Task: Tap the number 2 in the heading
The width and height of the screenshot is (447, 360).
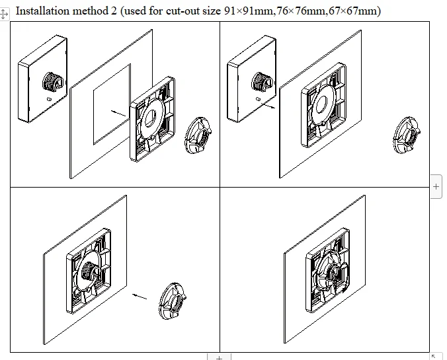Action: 114,11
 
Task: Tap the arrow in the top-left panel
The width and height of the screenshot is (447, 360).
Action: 118,114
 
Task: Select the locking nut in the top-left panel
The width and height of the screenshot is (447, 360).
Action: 198,135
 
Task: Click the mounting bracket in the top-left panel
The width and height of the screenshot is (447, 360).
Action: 152,119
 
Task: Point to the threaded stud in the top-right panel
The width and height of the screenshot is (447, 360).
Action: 262,81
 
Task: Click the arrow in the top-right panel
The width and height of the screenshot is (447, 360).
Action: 268,106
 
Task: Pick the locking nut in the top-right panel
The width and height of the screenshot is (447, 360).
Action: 407,135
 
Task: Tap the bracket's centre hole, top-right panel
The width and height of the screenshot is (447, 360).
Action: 323,104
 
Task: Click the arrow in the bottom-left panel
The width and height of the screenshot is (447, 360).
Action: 140,297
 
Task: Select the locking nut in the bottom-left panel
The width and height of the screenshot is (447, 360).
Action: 173,301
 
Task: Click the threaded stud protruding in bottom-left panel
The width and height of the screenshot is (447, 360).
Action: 89,271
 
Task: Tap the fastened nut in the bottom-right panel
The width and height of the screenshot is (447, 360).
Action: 333,275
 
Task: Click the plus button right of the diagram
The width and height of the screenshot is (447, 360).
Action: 436,186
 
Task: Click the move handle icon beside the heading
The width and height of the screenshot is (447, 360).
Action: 4,14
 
